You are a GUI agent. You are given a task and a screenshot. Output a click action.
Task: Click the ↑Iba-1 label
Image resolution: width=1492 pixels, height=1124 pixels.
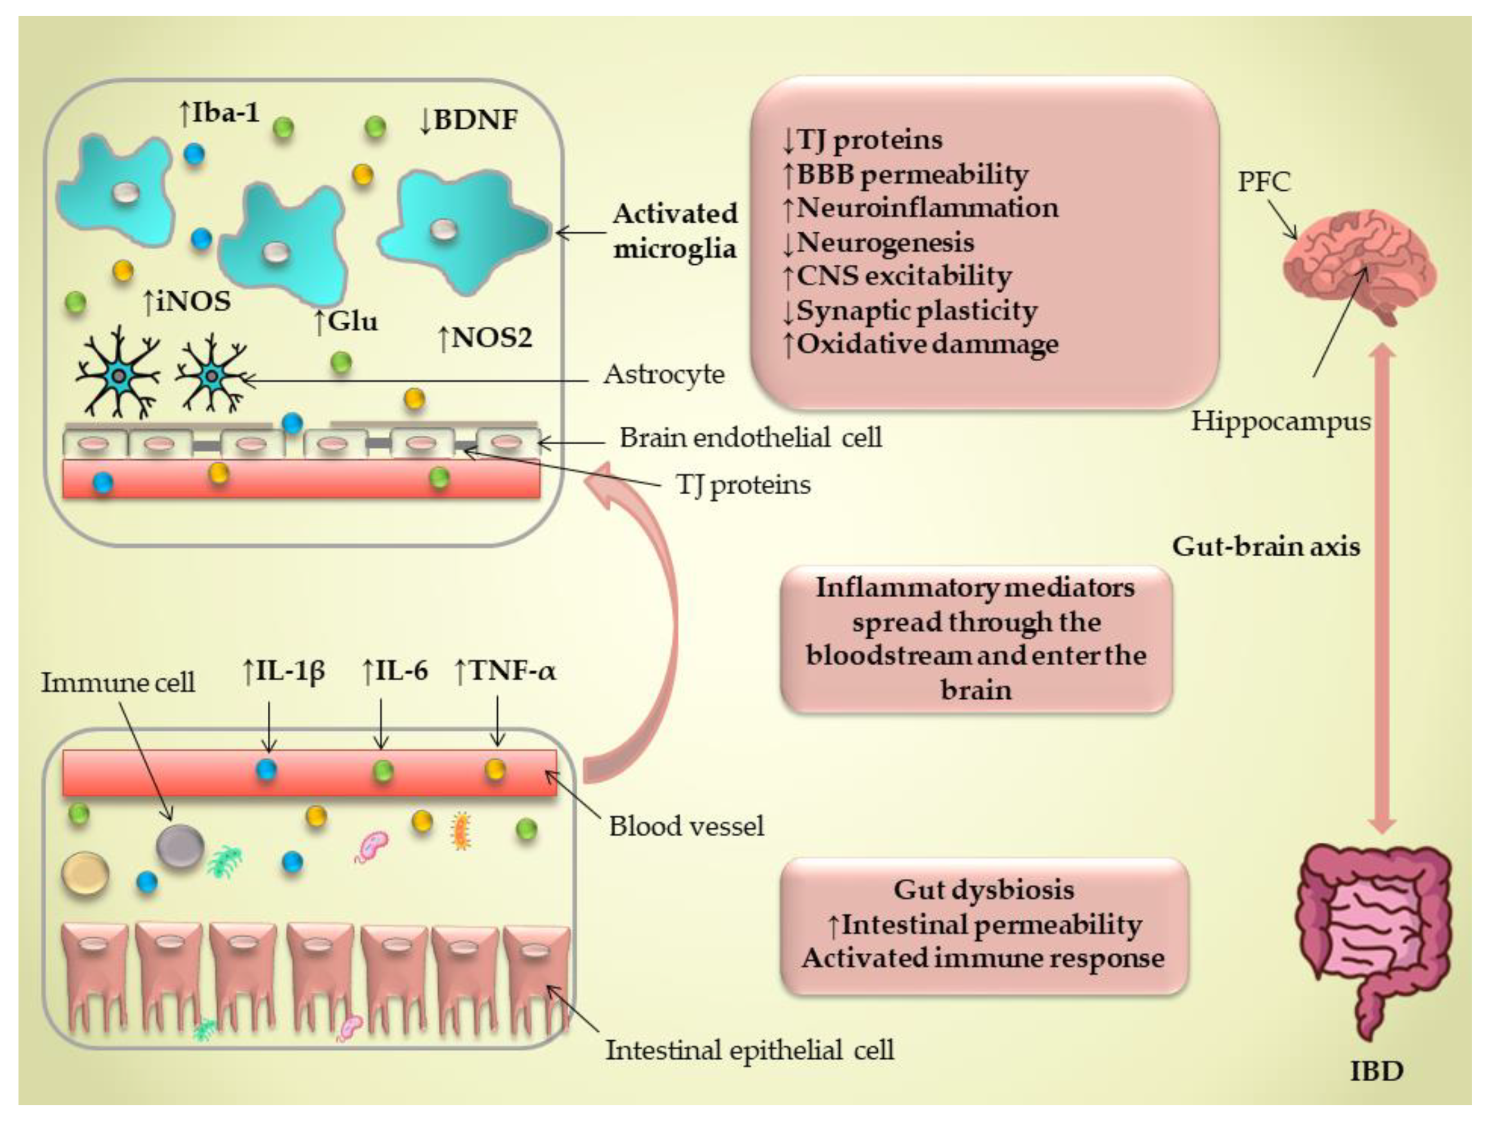coord(219,112)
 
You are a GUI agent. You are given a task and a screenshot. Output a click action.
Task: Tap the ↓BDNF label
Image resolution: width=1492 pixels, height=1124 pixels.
coord(468,120)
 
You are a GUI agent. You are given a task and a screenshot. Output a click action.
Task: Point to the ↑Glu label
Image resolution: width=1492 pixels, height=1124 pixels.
coord(346,322)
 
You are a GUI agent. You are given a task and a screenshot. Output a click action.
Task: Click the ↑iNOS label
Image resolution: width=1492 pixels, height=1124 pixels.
coord(187,301)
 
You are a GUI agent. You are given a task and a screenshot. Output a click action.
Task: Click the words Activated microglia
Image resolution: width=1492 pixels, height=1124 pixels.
coord(675,231)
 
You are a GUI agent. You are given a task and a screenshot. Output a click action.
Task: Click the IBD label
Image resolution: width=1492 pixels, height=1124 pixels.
coord(1377,1071)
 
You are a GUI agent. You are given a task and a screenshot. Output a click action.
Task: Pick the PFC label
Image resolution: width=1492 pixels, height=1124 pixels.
coord(1264,182)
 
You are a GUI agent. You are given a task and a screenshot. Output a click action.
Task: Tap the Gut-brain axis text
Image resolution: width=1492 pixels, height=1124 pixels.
coord(1265,545)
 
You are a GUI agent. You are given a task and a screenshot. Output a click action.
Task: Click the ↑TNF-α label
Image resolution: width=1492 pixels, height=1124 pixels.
coord(506,671)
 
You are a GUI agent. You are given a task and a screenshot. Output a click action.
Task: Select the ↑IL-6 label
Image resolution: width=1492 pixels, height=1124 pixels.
coord(394,671)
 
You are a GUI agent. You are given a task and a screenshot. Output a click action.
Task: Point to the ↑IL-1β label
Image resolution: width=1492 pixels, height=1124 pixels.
coord(284,671)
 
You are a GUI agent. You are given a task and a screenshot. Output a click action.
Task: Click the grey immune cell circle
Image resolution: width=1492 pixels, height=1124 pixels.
coord(179,846)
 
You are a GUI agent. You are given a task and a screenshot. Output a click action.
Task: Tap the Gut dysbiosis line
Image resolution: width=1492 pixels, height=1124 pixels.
coord(983,890)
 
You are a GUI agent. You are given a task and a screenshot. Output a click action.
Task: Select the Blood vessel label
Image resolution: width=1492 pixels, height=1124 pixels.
coord(686,826)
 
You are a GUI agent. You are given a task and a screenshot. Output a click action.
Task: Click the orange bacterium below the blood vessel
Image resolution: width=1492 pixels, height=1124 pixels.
coord(461,830)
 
